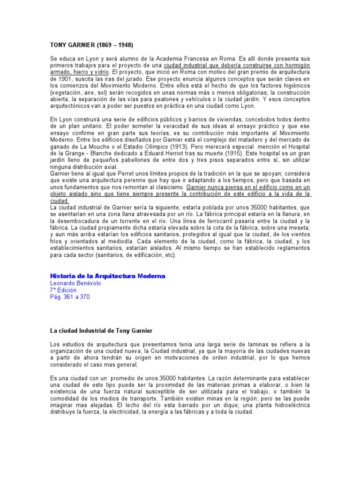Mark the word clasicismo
pyautogui.click(x=166, y=187)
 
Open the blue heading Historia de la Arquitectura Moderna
pyautogui.click(x=107, y=276)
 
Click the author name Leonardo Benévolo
pyautogui.click(x=75, y=283)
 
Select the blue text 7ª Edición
pyautogui.click(x=63, y=290)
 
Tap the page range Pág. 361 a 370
pyautogui.click(x=69, y=297)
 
